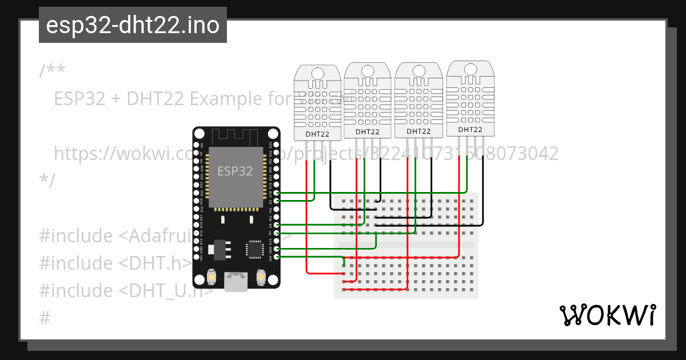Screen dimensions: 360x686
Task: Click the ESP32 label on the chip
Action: (235, 171)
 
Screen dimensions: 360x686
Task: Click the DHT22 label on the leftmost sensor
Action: (317, 134)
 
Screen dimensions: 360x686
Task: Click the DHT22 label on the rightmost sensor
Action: (470, 130)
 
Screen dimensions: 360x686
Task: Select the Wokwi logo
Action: (607, 315)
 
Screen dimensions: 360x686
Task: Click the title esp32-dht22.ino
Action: (133, 26)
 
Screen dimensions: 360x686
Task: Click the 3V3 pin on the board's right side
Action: (277, 257)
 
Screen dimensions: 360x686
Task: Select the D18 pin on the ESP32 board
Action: (277, 193)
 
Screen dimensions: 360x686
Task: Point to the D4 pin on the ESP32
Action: (277, 225)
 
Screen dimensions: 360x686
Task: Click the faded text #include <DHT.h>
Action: (114, 263)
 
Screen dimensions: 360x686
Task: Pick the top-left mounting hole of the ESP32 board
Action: (200, 134)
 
